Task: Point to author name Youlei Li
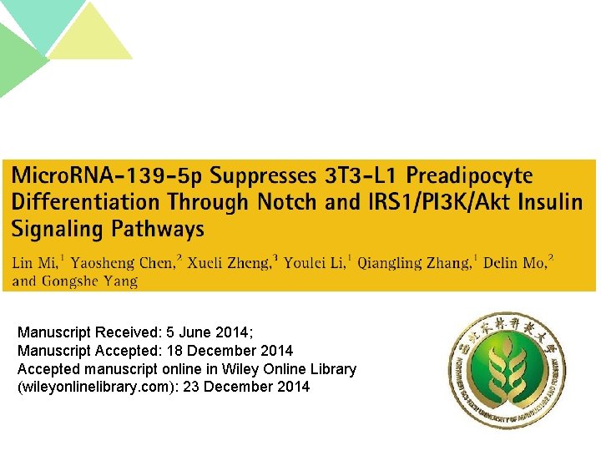(314, 263)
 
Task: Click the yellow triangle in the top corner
(89, 35)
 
